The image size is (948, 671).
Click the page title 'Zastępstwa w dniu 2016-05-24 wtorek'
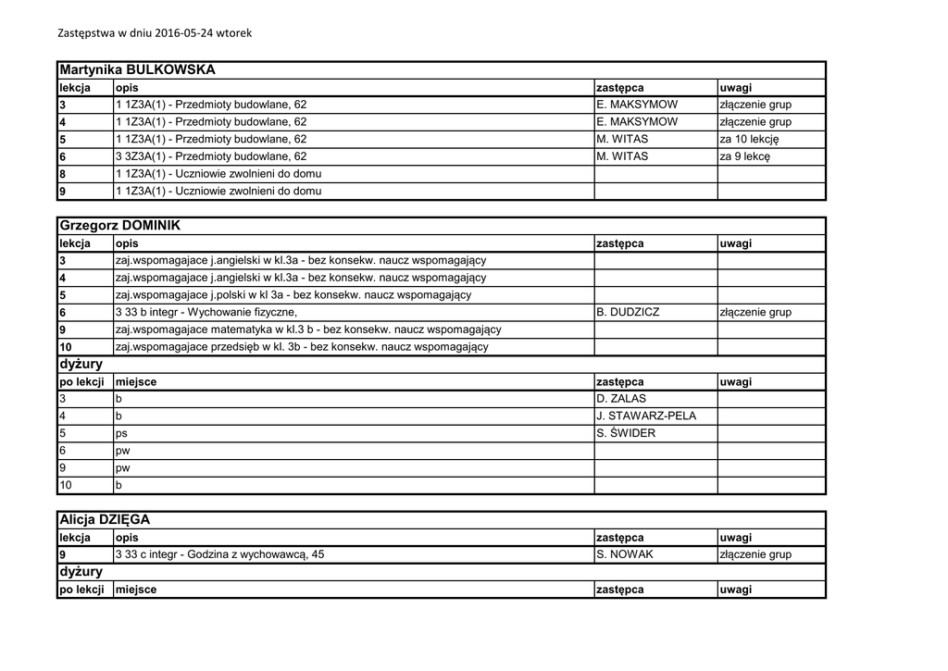coord(155,32)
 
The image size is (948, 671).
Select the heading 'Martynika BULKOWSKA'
coord(137,69)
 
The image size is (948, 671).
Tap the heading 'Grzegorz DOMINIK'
coord(119,226)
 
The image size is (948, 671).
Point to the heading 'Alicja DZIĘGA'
coord(104,520)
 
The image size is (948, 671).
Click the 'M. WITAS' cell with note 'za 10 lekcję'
coord(623,139)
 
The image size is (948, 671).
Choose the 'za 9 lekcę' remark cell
coord(744,156)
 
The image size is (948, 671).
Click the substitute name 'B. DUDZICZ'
coord(629,313)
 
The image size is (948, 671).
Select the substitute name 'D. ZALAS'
coord(622,399)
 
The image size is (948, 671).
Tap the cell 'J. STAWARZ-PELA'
coord(646,416)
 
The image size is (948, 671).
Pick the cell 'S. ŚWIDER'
coord(626,433)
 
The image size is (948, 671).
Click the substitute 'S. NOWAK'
coord(625,554)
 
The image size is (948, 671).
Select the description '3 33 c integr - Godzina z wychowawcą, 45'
coord(220,554)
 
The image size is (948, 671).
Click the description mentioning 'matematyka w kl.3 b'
coord(308,329)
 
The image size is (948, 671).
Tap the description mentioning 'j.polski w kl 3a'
coord(293,295)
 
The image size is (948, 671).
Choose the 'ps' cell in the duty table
coord(121,433)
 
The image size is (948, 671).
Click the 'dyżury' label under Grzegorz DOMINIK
coord(81,365)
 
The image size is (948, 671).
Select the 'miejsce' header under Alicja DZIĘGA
coord(136,590)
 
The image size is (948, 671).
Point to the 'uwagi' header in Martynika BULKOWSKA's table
coord(736,87)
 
